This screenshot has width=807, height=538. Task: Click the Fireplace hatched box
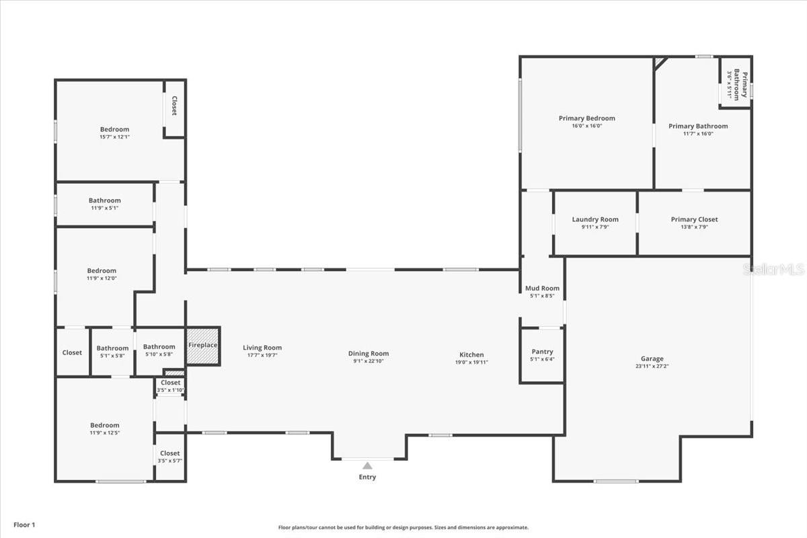pos(202,346)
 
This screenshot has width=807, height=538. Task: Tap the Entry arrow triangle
pos(367,465)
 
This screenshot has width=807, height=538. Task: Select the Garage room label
pos(652,358)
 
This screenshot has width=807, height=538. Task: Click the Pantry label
pos(542,352)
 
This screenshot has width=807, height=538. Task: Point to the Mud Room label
pos(542,289)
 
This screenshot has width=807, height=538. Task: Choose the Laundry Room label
pos(595,219)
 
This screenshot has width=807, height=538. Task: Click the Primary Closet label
pos(694,219)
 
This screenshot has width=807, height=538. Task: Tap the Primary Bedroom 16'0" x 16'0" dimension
pos(586,126)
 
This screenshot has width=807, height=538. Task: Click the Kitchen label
pos(471,354)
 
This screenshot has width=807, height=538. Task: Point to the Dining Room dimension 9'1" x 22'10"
pos(369,362)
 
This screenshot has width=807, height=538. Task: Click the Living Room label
pos(262,348)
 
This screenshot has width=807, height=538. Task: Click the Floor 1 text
pos(24,525)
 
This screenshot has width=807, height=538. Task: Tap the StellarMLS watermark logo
pos(773,269)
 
